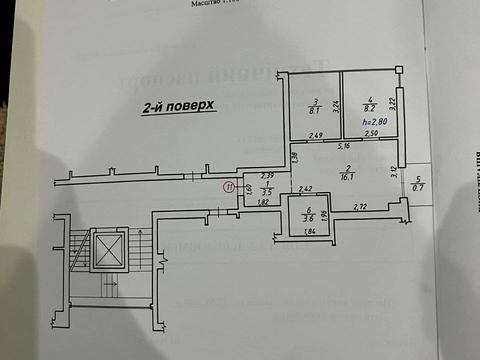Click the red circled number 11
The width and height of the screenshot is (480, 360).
(x=228, y=185)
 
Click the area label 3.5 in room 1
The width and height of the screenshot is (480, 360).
(x=266, y=190)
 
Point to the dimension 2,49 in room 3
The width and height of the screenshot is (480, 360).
(x=315, y=135)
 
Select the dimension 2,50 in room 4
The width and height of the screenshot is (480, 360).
(x=370, y=134)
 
